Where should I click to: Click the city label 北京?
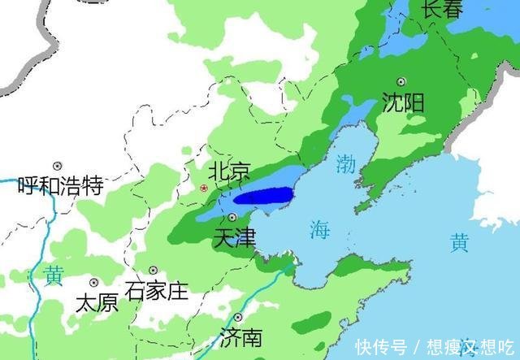point(229,171)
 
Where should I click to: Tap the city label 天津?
point(234,238)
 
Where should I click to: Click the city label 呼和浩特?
point(60,186)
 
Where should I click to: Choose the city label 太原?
point(96,303)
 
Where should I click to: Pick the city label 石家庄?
point(157,289)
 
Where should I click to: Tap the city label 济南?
point(241,337)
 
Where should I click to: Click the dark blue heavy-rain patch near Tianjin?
point(262,196)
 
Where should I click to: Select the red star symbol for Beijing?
point(204,188)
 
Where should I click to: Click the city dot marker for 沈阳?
point(401,81)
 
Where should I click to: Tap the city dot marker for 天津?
point(232,217)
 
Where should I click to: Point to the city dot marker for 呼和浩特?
point(57,166)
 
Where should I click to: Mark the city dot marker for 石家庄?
point(153,271)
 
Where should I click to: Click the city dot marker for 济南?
point(238,317)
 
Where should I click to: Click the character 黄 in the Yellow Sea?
point(459,241)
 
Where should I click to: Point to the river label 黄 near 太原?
point(54,275)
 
